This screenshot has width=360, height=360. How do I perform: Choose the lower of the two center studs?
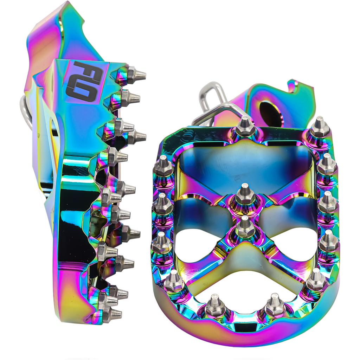245,227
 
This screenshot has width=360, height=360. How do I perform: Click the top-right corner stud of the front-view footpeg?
319,128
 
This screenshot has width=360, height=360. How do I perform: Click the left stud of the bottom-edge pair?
214,306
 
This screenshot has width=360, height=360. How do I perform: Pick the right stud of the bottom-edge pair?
275,305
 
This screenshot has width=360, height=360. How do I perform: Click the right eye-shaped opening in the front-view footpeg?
294,243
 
